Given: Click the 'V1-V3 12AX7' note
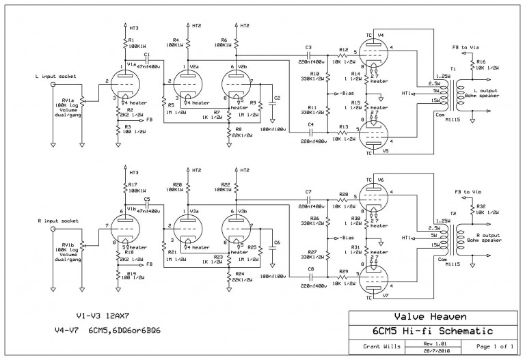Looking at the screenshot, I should coord(105,316).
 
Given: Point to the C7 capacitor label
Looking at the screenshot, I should coord(309,191).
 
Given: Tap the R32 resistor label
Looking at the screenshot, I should coord(481,206).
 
